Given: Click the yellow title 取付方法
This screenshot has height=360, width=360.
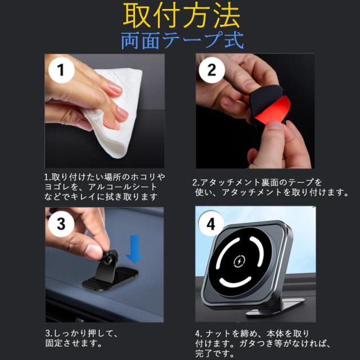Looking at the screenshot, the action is [181, 16].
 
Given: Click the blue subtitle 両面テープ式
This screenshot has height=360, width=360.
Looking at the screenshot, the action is [182, 40].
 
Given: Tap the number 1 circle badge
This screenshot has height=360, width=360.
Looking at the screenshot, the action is [61, 70].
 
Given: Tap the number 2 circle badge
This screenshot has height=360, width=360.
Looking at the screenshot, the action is [211, 70].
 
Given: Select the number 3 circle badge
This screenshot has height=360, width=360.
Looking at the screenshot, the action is [61, 224].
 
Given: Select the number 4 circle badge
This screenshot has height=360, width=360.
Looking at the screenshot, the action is [211, 224].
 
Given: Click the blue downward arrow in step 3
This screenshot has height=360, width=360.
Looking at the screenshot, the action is [134, 249].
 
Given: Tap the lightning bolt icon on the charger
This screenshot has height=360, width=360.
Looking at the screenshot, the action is [239, 261].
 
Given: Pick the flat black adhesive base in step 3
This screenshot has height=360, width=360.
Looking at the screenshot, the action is [110, 279].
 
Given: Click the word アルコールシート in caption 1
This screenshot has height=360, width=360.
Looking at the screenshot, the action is [123, 187].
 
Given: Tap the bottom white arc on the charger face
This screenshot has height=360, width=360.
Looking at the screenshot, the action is [235, 281].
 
